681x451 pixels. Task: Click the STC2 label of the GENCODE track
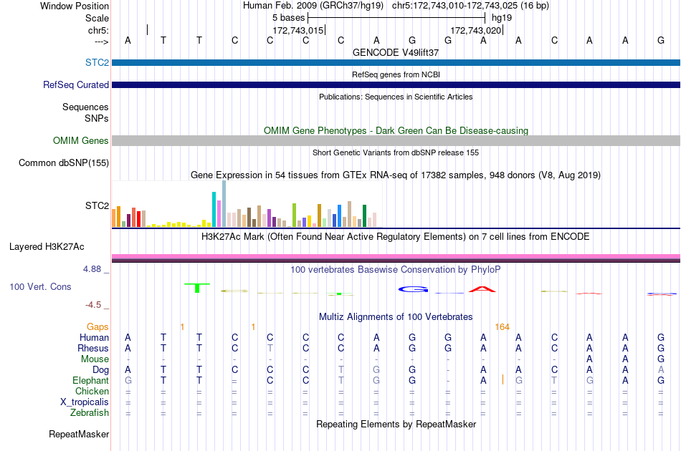tap(97, 62)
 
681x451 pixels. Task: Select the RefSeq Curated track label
tap(76, 84)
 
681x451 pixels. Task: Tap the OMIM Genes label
tap(81, 140)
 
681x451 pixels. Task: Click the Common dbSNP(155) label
tap(64, 163)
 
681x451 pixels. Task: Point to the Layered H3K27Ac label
tap(47, 247)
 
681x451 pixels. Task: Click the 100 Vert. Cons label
tap(40, 286)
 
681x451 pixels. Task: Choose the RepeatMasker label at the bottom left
tap(79, 434)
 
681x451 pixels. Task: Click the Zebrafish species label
tap(90, 412)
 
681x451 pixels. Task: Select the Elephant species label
tap(91, 380)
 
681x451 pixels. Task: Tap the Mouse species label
tap(95, 359)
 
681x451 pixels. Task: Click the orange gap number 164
tap(502, 327)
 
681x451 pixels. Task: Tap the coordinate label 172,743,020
tap(476, 30)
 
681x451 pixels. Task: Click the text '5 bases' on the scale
tap(289, 18)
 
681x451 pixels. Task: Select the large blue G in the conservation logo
tap(413, 289)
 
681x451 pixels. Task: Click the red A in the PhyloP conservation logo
tap(482, 288)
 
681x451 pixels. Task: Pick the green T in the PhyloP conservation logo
tap(197, 288)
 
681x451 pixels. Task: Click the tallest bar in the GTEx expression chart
tap(224, 203)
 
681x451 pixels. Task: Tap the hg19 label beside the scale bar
tap(502, 18)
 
